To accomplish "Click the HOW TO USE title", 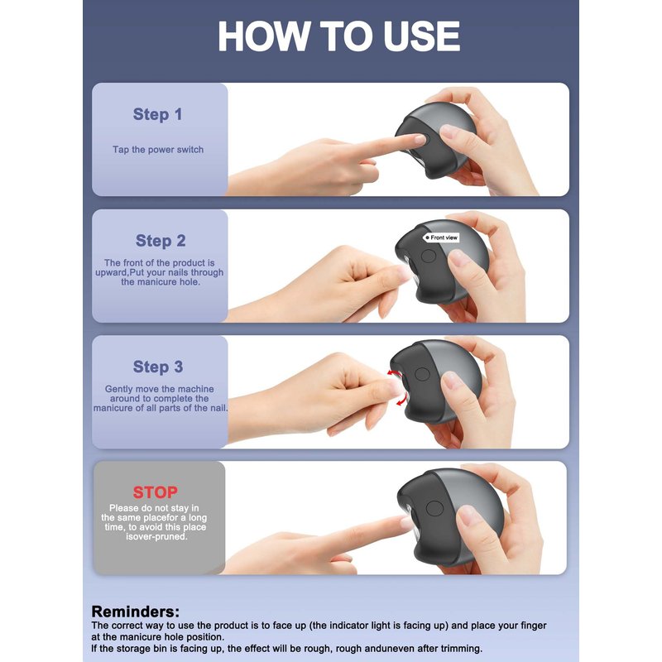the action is [338, 36].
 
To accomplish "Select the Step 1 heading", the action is [157, 114].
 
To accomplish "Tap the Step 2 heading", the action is [161, 241].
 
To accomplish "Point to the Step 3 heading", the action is [158, 367].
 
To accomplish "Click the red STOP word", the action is [156, 492].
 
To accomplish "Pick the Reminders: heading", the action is [136, 612].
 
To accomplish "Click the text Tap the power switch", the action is [158, 150].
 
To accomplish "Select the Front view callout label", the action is [441, 237].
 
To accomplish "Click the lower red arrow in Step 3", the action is [402, 400].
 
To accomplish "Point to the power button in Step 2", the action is [428, 256].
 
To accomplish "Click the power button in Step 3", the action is [422, 374].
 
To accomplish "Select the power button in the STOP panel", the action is [434, 508].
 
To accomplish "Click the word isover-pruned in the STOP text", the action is [156, 536].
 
